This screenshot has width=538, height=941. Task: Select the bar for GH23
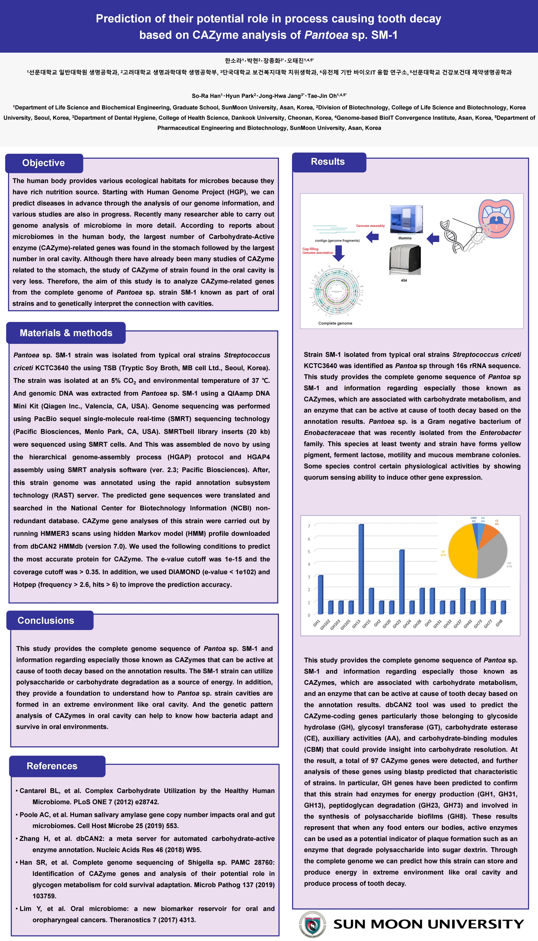[402, 581]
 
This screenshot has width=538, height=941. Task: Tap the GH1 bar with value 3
[320, 594]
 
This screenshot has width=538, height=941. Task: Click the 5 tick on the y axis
[309, 552]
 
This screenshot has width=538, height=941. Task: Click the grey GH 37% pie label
[509, 564]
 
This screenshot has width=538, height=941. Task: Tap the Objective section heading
[44, 163]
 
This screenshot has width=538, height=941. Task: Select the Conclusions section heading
[46, 621]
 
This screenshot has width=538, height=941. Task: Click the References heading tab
[52, 766]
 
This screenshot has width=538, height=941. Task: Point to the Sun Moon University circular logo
[313, 924]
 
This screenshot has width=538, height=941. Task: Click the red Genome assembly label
[370, 226]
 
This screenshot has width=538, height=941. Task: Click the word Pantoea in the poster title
[326, 35]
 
